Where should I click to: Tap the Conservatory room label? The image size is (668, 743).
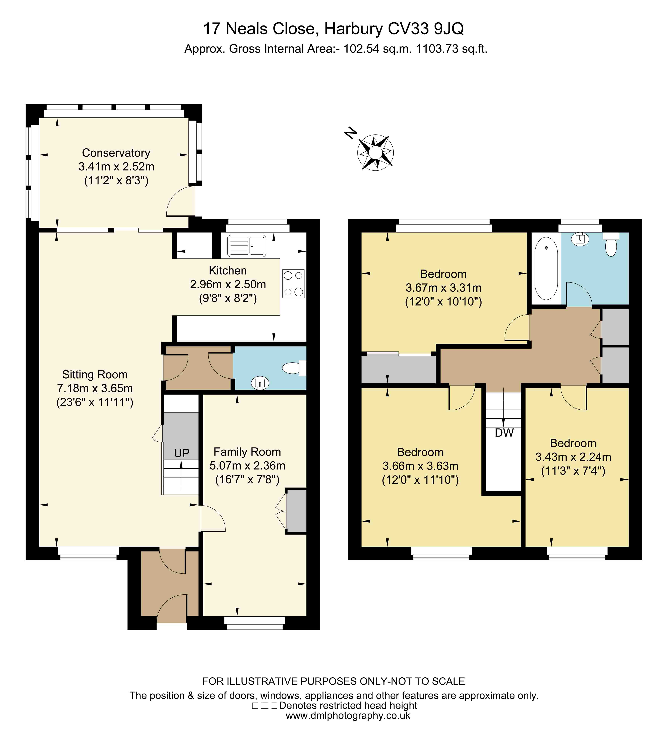click(x=116, y=153)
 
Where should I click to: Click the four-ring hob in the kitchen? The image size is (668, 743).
click(x=293, y=283)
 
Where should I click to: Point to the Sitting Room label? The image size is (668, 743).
click(x=95, y=374)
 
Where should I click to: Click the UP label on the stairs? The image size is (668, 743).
click(x=182, y=453)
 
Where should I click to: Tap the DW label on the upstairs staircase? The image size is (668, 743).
click(x=504, y=433)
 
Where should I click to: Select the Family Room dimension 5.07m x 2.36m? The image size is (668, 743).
click(x=247, y=466)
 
